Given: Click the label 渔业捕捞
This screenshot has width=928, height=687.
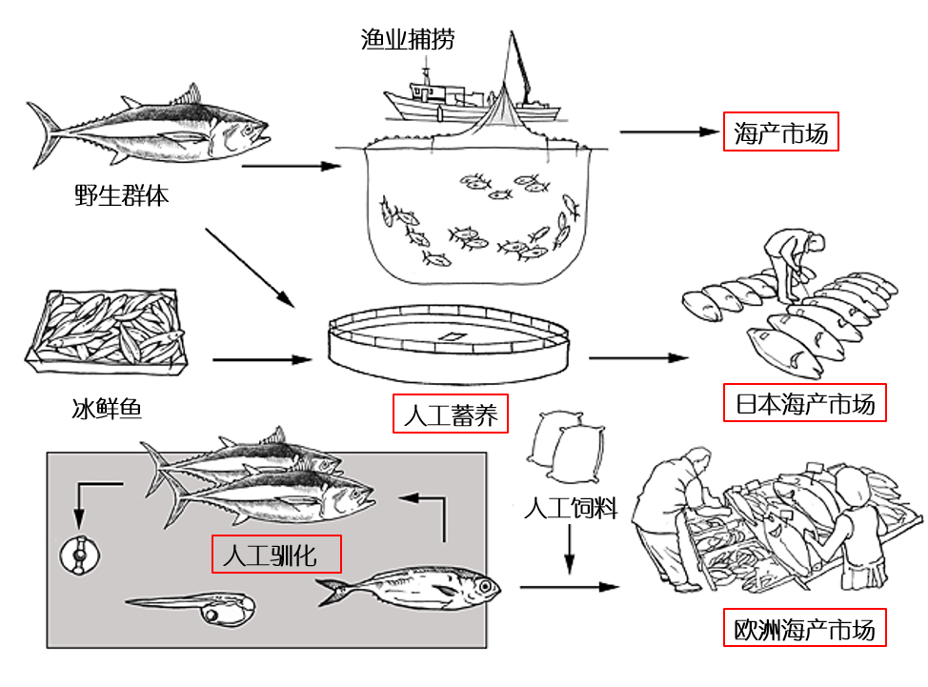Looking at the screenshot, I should [x=408, y=39].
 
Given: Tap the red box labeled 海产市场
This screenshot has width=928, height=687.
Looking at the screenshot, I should [x=781, y=132].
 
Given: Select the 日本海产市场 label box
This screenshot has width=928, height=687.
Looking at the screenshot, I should [x=805, y=404].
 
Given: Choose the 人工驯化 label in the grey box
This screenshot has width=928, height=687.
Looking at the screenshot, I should [x=275, y=554].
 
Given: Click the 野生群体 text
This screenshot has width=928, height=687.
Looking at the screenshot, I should [x=121, y=196].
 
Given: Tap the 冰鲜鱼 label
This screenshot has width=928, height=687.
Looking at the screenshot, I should [x=106, y=411].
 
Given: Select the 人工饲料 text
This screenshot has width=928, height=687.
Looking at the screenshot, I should [x=571, y=507].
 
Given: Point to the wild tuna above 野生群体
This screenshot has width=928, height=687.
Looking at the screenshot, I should [x=152, y=132].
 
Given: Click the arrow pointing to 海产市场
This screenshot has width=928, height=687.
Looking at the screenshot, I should [x=666, y=132].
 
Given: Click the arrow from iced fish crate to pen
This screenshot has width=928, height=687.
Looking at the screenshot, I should [x=262, y=360].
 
